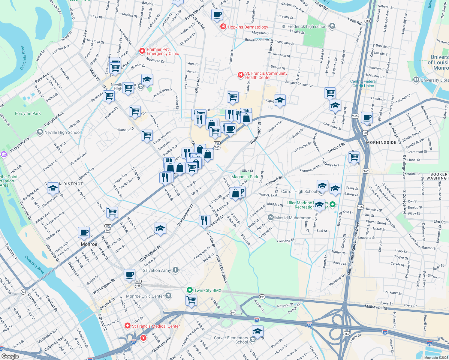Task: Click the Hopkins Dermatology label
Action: tap(248, 27)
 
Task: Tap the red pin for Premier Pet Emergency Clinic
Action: tap(142, 51)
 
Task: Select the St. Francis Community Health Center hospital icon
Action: tap(240, 75)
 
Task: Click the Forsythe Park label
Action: tap(28, 113)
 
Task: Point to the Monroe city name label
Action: tap(89, 244)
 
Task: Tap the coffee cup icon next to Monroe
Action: tap(84, 232)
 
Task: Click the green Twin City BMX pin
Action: tap(189, 290)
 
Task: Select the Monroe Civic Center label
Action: tap(145, 296)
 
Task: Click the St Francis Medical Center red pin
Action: tap(128, 326)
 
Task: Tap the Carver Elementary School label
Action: tap(231, 340)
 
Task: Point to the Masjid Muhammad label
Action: tap(293, 218)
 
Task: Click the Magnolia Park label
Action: tap(245, 177)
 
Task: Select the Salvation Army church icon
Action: tap(176, 270)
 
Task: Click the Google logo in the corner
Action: tap(10, 356)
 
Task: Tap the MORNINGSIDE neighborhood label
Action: tap(381, 142)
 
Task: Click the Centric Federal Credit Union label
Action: tap(363, 84)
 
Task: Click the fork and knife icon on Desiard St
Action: tap(204, 221)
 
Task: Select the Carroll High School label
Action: tap(299, 191)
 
